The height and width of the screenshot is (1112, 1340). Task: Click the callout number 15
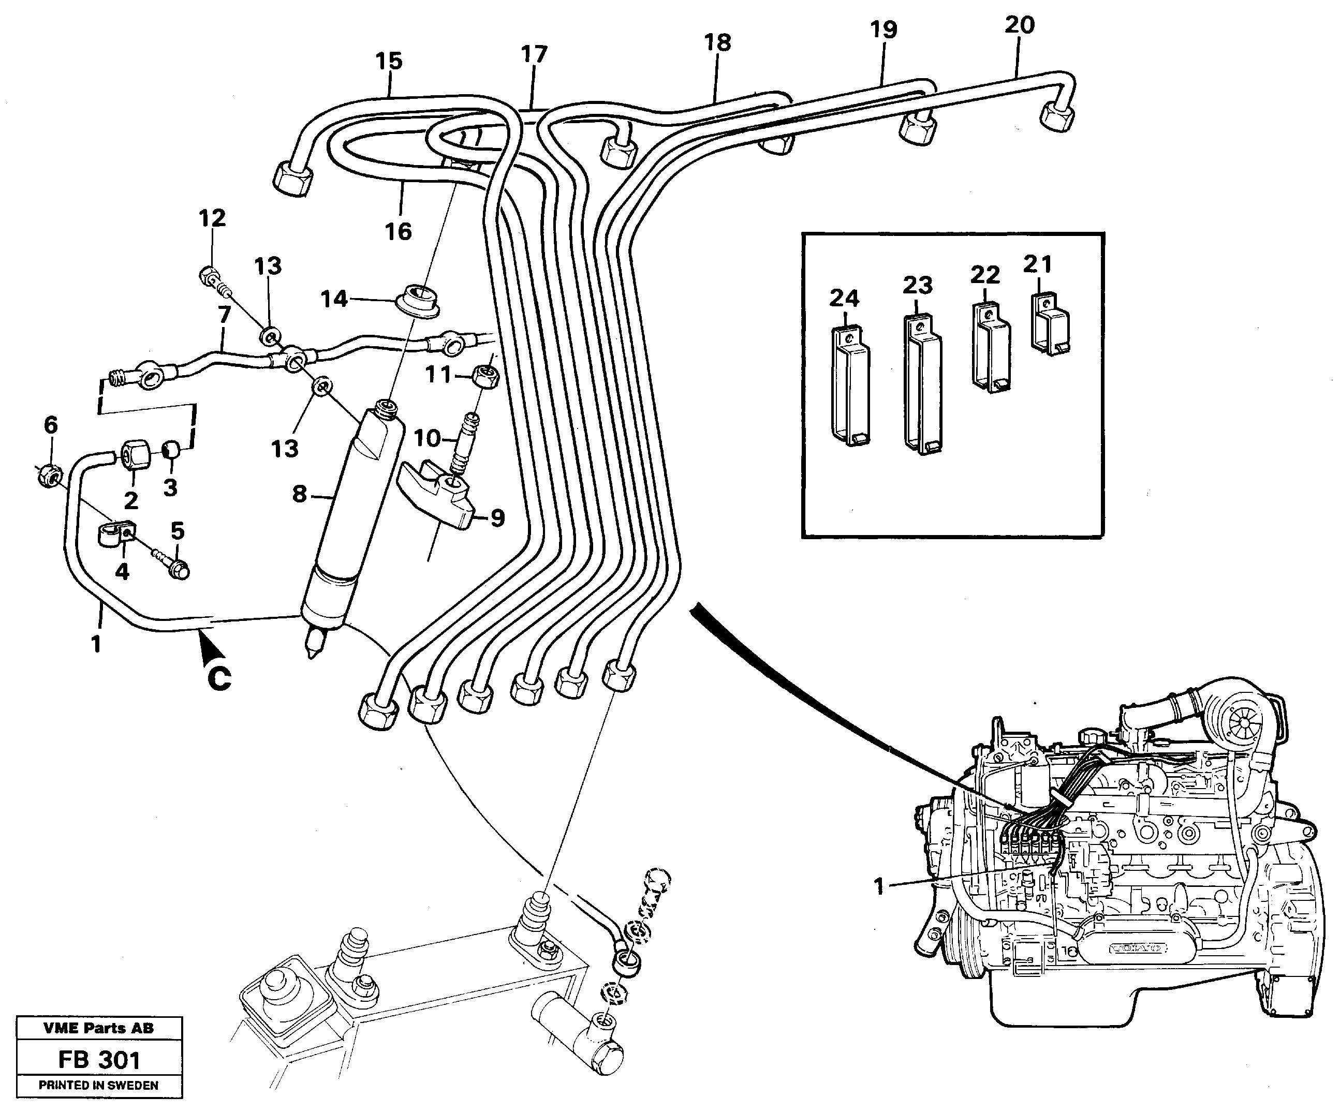[389, 61]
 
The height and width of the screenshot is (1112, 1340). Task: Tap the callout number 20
[1019, 25]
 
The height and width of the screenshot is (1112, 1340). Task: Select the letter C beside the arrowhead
[219, 678]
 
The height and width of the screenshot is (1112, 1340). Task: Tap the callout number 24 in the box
[844, 298]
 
